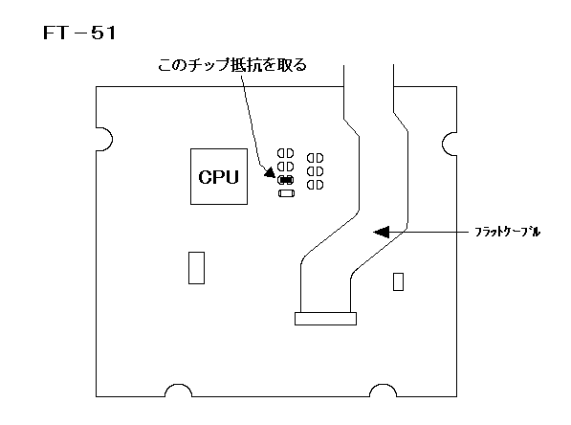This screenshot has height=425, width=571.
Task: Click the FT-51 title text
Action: pyautogui.click(x=79, y=33)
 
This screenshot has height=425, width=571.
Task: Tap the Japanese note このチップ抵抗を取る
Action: pyautogui.click(x=232, y=65)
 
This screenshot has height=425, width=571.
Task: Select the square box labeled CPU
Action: pyautogui.click(x=219, y=176)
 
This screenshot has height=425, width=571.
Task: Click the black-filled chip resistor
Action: pyautogui.click(x=285, y=180)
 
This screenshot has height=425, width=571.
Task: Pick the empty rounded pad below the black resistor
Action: pyautogui.click(x=286, y=193)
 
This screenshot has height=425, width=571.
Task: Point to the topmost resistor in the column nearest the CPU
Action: pyautogui.click(x=285, y=153)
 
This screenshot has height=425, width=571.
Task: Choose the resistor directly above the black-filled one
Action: pyautogui.click(x=285, y=167)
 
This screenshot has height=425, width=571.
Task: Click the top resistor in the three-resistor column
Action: pyautogui.click(x=315, y=158)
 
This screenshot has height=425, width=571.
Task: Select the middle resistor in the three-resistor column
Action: pyautogui.click(x=315, y=171)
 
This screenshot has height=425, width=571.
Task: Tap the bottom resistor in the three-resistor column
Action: pyautogui.click(x=315, y=185)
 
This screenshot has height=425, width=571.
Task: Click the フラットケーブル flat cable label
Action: pyautogui.click(x=508, y=232)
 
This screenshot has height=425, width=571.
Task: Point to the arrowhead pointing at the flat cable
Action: pyautogui.click(x=382, y=232)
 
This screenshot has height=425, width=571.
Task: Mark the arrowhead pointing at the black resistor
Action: pyautogui.click(x=270, y=172)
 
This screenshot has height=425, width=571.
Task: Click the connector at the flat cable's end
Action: pyautogui.click(x=325, y=319)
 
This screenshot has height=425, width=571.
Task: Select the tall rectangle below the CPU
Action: pyautogui.click(x=197, y=267)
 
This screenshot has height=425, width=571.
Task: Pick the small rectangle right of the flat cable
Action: pyautogui.click(x=399, y=281)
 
